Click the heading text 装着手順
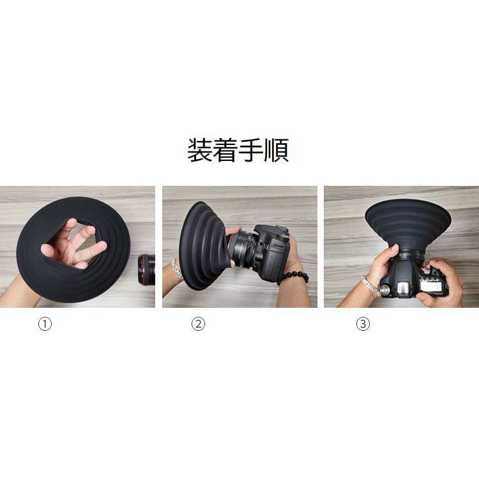click(238, 151)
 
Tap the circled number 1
click(45, 324)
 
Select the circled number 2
click(199, 324)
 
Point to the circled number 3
click(363, 324)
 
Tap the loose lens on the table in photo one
click(147, 269)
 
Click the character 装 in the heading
click(200, 151)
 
